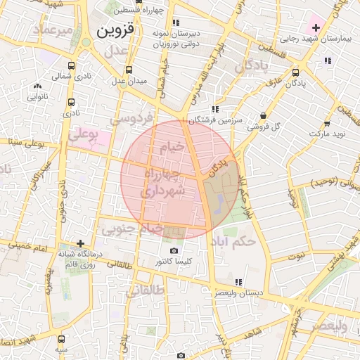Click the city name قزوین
click(114, 32)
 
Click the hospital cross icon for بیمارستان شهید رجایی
click(316, 28)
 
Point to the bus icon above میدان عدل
click(128, 70)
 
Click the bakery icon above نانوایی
click(37, 86)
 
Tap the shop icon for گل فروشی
click(263, 115)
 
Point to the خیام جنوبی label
click(133, 229)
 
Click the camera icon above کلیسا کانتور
click(174, 250)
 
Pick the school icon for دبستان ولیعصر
click(239, 282)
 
